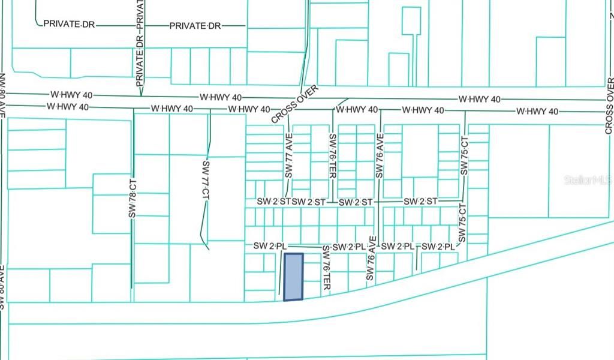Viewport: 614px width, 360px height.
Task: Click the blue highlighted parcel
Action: point(293,277)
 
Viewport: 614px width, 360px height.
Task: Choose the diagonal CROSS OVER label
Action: point(294,104)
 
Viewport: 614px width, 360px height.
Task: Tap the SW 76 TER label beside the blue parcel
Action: point(326,269)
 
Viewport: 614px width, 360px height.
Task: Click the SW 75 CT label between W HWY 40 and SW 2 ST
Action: point(464,158)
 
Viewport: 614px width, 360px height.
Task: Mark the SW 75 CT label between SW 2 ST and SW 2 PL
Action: point(462,223)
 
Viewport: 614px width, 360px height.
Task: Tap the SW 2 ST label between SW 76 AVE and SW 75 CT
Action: point(420,202)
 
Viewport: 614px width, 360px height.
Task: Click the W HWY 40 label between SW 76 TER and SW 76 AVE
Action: point(357,110)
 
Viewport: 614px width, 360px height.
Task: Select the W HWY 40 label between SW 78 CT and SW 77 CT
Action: point(171,109)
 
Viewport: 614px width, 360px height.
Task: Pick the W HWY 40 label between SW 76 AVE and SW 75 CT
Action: point(423,110)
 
